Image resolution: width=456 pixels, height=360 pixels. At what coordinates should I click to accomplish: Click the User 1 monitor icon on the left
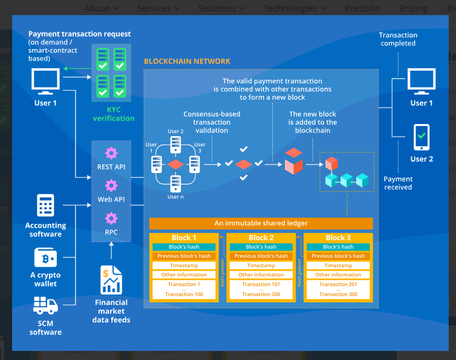click(46, 81)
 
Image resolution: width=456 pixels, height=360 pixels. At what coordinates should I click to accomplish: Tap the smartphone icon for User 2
click(422, 137)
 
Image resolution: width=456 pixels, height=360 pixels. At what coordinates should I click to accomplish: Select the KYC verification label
click(113, 114)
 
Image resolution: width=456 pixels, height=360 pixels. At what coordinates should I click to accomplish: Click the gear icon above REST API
click(111, 153)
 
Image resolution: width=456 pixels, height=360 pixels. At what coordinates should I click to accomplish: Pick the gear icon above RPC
click(111, 218)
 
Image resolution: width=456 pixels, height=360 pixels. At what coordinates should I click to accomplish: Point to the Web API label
click(111, 199)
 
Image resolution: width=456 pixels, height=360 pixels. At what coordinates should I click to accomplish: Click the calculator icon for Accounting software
click(46, 205)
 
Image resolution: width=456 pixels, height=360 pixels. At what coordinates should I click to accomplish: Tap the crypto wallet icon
click(46, 258)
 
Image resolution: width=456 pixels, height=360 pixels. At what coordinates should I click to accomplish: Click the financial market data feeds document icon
click(111, 280)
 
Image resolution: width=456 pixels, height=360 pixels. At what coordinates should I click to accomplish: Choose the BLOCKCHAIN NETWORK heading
click(187, 61)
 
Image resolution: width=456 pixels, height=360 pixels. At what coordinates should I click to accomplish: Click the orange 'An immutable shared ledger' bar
click(261, 223)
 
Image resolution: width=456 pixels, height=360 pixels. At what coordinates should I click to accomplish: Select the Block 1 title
click(184, 238)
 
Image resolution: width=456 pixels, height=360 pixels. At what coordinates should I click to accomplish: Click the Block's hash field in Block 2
click(261, 247)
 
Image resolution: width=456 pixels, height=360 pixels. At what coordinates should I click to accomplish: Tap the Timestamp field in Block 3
click(337, 266)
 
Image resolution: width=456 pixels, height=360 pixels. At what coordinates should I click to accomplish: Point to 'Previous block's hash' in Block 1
click(184, 256)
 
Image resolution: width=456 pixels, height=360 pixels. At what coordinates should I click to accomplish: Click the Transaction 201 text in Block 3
click(337, 284)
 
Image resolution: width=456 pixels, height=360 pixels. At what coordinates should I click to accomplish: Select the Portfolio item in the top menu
click(362, 8)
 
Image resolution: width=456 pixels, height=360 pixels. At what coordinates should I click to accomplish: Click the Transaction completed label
click(398, 39)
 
